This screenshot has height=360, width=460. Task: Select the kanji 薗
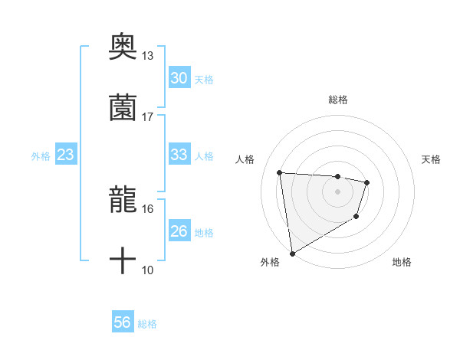point(123,108)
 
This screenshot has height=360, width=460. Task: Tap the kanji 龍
point(123,200)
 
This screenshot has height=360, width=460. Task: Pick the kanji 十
point(123,261)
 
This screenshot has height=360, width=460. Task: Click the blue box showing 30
point(179,78)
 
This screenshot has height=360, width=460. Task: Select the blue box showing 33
point(179,155)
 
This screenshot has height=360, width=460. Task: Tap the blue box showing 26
point(179,231)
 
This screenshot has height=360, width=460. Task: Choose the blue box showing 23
point(66,155)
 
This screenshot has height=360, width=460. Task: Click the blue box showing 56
point(122,322)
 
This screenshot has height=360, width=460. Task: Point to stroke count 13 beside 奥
point(148,56)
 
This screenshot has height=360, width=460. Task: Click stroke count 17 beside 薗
point(148,117)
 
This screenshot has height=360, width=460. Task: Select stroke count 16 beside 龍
point(148,208)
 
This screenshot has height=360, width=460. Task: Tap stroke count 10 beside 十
point(148,270)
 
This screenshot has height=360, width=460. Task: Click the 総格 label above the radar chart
point(338,100)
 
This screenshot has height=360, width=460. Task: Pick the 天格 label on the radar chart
point(432,159)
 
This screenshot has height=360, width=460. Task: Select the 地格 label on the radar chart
point(402,263)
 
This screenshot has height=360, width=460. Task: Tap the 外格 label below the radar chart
point(270,263)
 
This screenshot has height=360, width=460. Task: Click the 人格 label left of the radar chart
point(245,159)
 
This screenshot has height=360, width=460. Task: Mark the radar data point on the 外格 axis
point(292,253)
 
